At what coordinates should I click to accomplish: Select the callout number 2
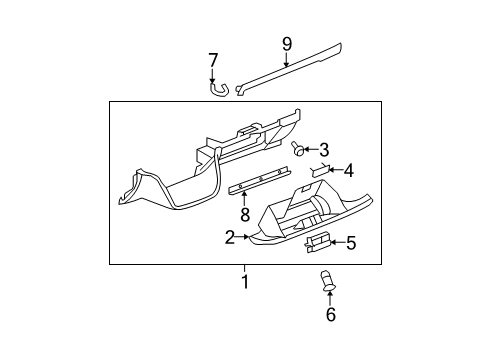[x=230, y=237]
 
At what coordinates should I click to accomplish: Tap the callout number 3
[x=324, y=150]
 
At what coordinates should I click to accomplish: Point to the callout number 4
[x=348, y=170]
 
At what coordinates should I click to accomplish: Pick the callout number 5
[x=351, y=242]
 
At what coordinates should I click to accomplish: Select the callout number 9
[x=287, y=44]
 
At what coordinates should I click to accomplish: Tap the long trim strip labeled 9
[x=300, y=68]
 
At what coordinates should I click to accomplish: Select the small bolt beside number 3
[x=298, y=150]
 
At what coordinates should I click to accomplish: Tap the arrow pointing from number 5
[x=338, y=242]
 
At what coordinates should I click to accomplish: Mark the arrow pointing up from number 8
[x=244, y=199]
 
